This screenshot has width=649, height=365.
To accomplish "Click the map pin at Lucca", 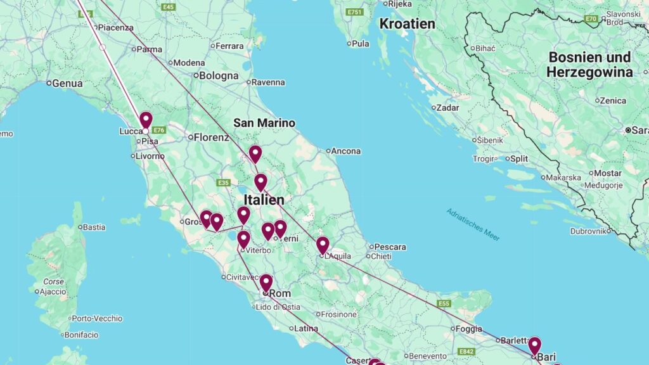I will pos(146,120).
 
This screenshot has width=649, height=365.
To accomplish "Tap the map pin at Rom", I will pos(266,283).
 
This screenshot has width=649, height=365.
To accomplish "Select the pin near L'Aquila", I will pos(323,245).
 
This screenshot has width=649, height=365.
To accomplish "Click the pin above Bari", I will pos(535,345).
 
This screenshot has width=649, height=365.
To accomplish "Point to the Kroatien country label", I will pos(407,24).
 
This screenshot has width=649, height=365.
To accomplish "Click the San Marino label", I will pos(264,123).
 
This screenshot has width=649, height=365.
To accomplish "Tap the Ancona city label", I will pos(346,151).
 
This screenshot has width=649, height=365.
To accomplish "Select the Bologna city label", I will pos(219,76).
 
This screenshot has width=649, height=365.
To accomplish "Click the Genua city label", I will pos(67,83).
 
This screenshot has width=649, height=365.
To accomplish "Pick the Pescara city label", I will pos(390,247).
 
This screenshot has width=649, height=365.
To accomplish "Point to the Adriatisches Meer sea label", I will pos(473,224).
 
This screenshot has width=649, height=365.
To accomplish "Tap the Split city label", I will pos(519,158).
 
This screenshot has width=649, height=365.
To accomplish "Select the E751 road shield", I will pos(355,12).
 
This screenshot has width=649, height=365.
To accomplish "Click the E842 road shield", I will pos(466,352).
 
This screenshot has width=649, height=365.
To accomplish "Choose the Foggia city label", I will pos(470,329).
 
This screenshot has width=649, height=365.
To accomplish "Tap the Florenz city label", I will pos(211,137).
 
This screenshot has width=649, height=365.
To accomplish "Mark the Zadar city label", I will pos(447,108).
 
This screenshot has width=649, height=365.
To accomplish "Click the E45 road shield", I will pos(168,7).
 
